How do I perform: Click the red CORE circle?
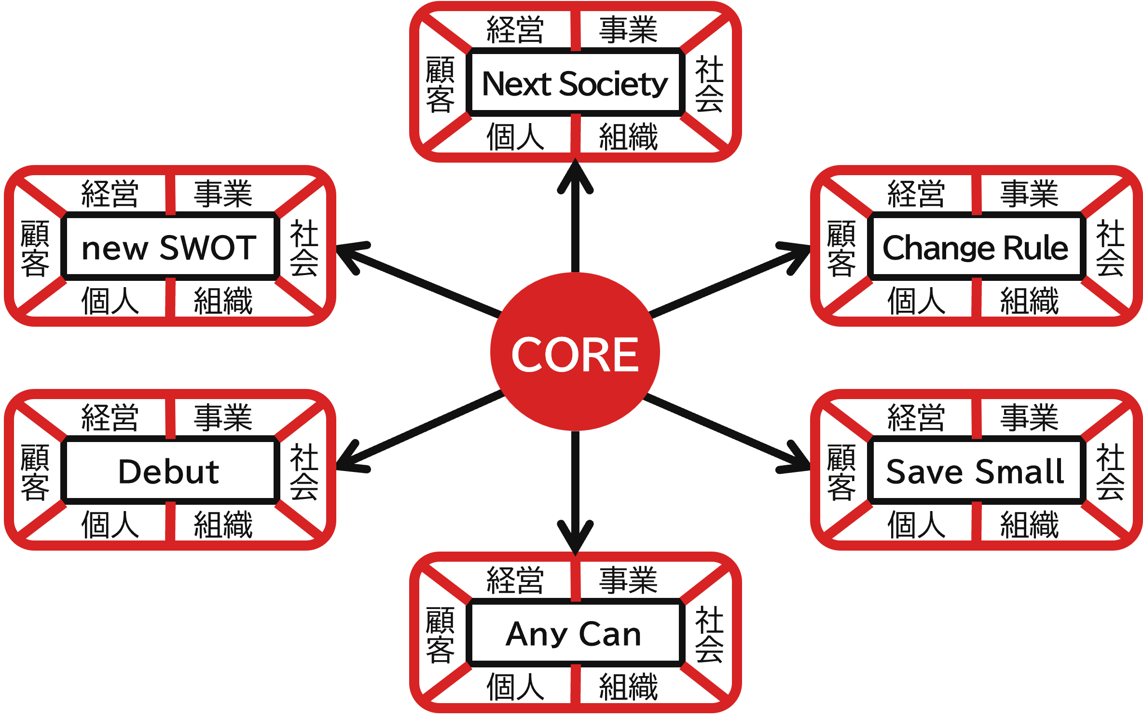coord(575,351)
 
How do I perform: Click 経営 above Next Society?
coord(515,30)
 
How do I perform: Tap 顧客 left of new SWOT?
coord(35,248)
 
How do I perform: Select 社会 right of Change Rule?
coord(1111,248)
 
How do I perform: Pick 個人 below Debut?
coord(110,525)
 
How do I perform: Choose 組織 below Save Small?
coord(1030,525)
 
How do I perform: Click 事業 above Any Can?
coord(628,580)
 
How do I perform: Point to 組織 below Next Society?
coord(628,137)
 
